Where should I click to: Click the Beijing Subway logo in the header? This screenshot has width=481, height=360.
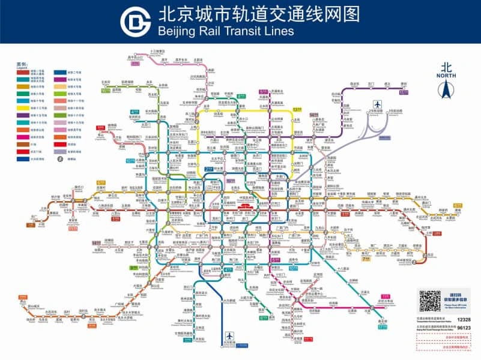tap(135, 22)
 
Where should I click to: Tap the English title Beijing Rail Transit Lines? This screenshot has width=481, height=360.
tap(225, 30)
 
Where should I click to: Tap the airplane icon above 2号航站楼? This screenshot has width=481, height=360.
tap(377, 103)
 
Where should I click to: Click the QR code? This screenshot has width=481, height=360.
tap(430, 301)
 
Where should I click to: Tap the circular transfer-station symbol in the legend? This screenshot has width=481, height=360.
tap(60, 159)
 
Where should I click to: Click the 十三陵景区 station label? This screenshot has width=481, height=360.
tap(157, 52)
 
